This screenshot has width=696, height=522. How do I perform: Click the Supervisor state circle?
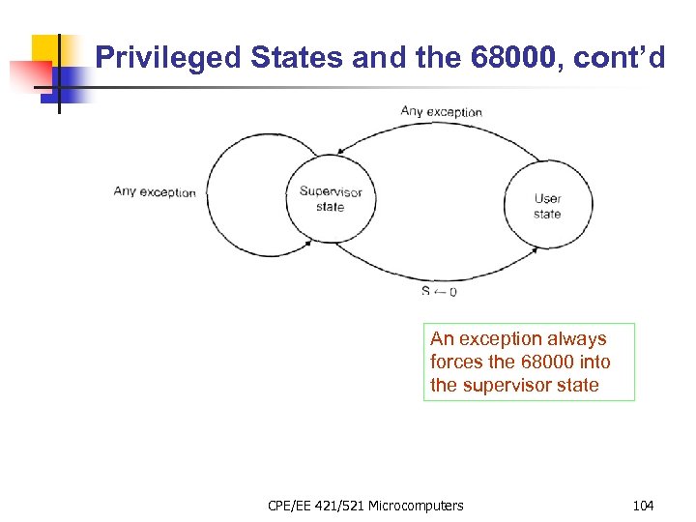(330, 198)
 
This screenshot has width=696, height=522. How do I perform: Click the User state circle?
(547, 206)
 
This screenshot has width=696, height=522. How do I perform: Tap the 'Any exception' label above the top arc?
(441, 112)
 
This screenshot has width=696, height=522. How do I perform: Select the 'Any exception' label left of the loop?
(155, 191)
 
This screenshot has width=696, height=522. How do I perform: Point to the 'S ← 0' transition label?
(439, 291)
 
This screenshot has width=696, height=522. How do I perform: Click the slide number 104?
(643, 505)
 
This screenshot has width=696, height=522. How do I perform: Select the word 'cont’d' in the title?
(620, 59)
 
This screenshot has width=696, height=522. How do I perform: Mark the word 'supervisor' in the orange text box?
(507, 386)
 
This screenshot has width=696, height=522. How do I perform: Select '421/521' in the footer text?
(342, 505)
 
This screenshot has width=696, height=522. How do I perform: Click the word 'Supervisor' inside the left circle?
(330, 191)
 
